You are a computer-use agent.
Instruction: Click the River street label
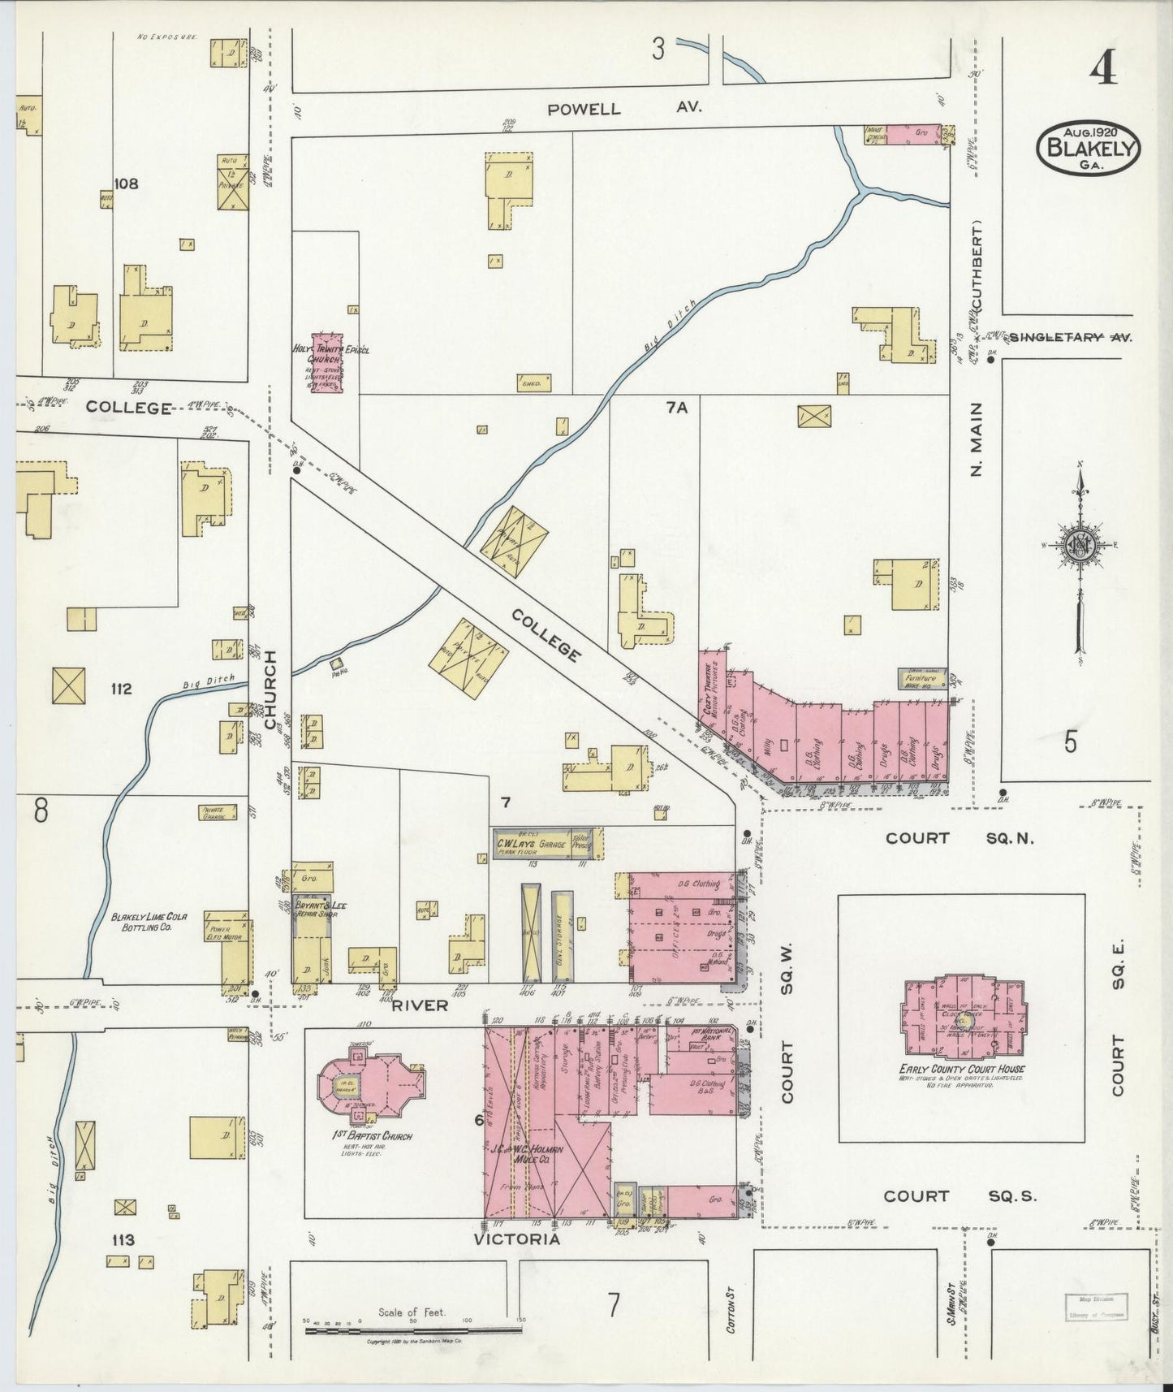click(x=420, y=1005)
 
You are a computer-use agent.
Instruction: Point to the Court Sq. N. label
click(x=959, y=838)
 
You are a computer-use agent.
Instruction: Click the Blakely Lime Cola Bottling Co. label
click(x=149, y=921)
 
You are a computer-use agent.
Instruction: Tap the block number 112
click(x=121, y=689)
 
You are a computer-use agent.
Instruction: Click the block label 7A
click(x=676, y=409)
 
